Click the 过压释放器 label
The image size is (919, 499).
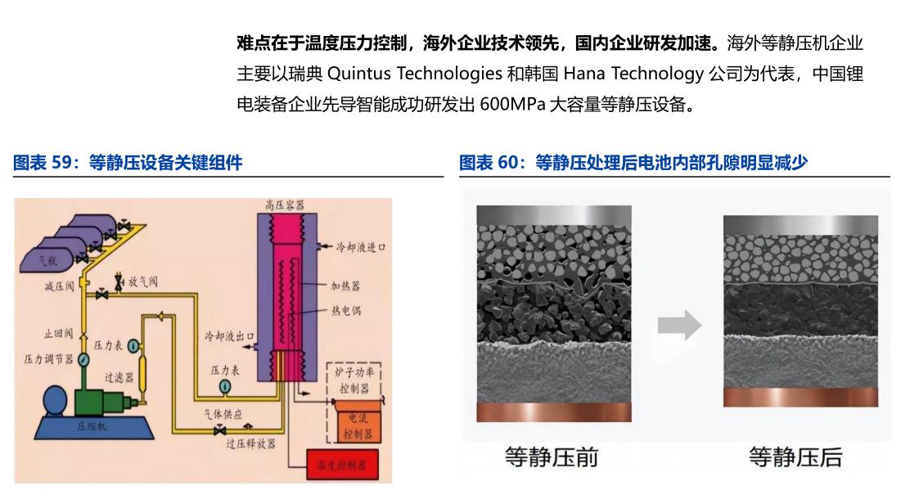[250, 443]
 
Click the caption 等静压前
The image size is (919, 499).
[551, 456]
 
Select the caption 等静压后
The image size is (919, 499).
[795, 456]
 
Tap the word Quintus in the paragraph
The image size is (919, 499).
[360, 74]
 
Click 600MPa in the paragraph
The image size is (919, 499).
[514, 105]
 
